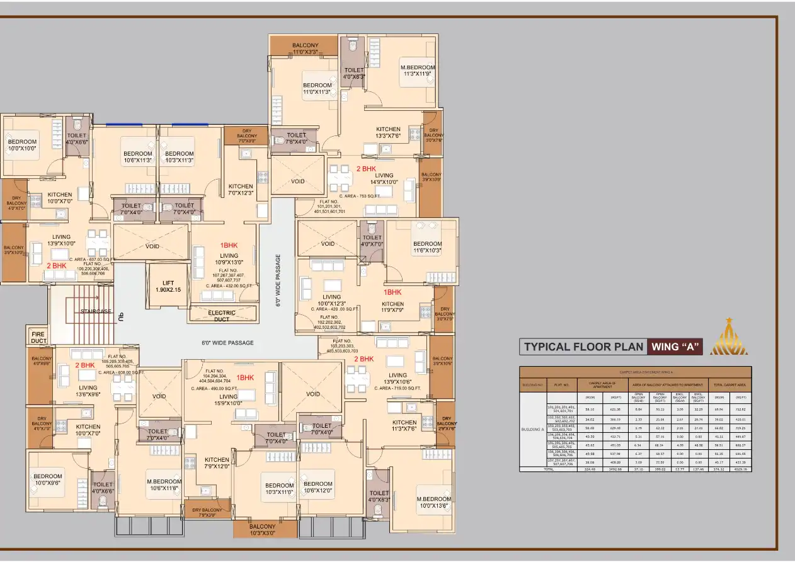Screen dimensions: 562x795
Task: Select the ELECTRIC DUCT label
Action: (x=222, y=316)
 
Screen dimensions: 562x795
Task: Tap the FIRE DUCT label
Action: (x=38, y=336)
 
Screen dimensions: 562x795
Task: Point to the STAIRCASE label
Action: (x=96, y=311)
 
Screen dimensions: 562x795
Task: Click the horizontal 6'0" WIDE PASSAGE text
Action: (x=227, y=343)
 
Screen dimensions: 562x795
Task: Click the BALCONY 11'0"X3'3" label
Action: (x=306, y=49)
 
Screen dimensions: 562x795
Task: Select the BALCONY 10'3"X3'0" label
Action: (x=263, y=529)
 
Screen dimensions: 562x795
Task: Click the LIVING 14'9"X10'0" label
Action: (x=384, y=179)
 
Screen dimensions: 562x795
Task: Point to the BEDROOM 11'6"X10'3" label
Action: (x=427, y=247)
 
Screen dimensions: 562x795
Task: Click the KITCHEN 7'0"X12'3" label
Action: (x=241, y=190)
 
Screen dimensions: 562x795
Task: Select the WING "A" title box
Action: (x=675, y=347)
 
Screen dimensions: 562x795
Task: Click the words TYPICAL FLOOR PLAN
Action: (x=583, y=347)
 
